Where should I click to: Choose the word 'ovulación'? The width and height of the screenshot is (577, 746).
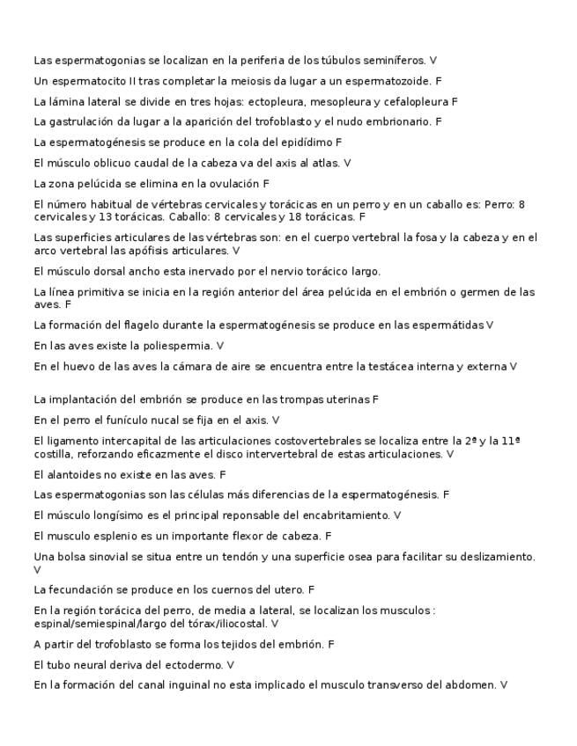pos(233,184)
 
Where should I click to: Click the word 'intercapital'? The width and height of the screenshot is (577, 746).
pos(125,440)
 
